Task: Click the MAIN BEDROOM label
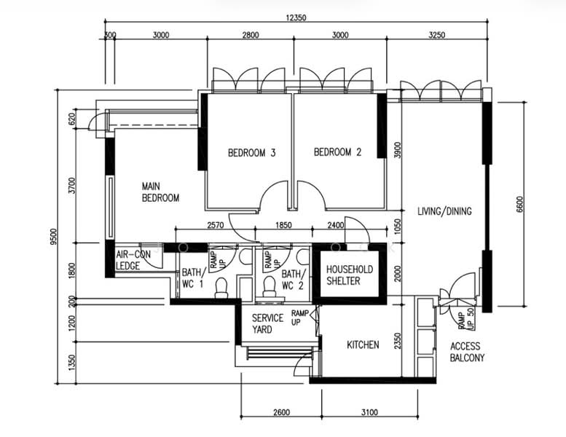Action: [x=160, y=192]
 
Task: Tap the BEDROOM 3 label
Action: [x=251, y=153]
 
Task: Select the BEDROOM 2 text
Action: [x=337, y=153]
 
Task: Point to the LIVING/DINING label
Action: [x=444, y=212]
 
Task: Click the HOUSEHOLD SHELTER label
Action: [x=349, y=275]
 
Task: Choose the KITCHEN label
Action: [x=362, y=345]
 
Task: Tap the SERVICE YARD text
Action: [x=267, y=324]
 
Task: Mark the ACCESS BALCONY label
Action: [x=467, y=353]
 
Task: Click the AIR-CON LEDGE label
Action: [x=132, y=260]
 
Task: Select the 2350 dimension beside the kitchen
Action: [x=397, y=341]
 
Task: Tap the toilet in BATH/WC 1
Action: [x=221, y=288]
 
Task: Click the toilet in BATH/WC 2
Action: [x=270, y=287]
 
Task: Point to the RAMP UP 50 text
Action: [x=465, y=317]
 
